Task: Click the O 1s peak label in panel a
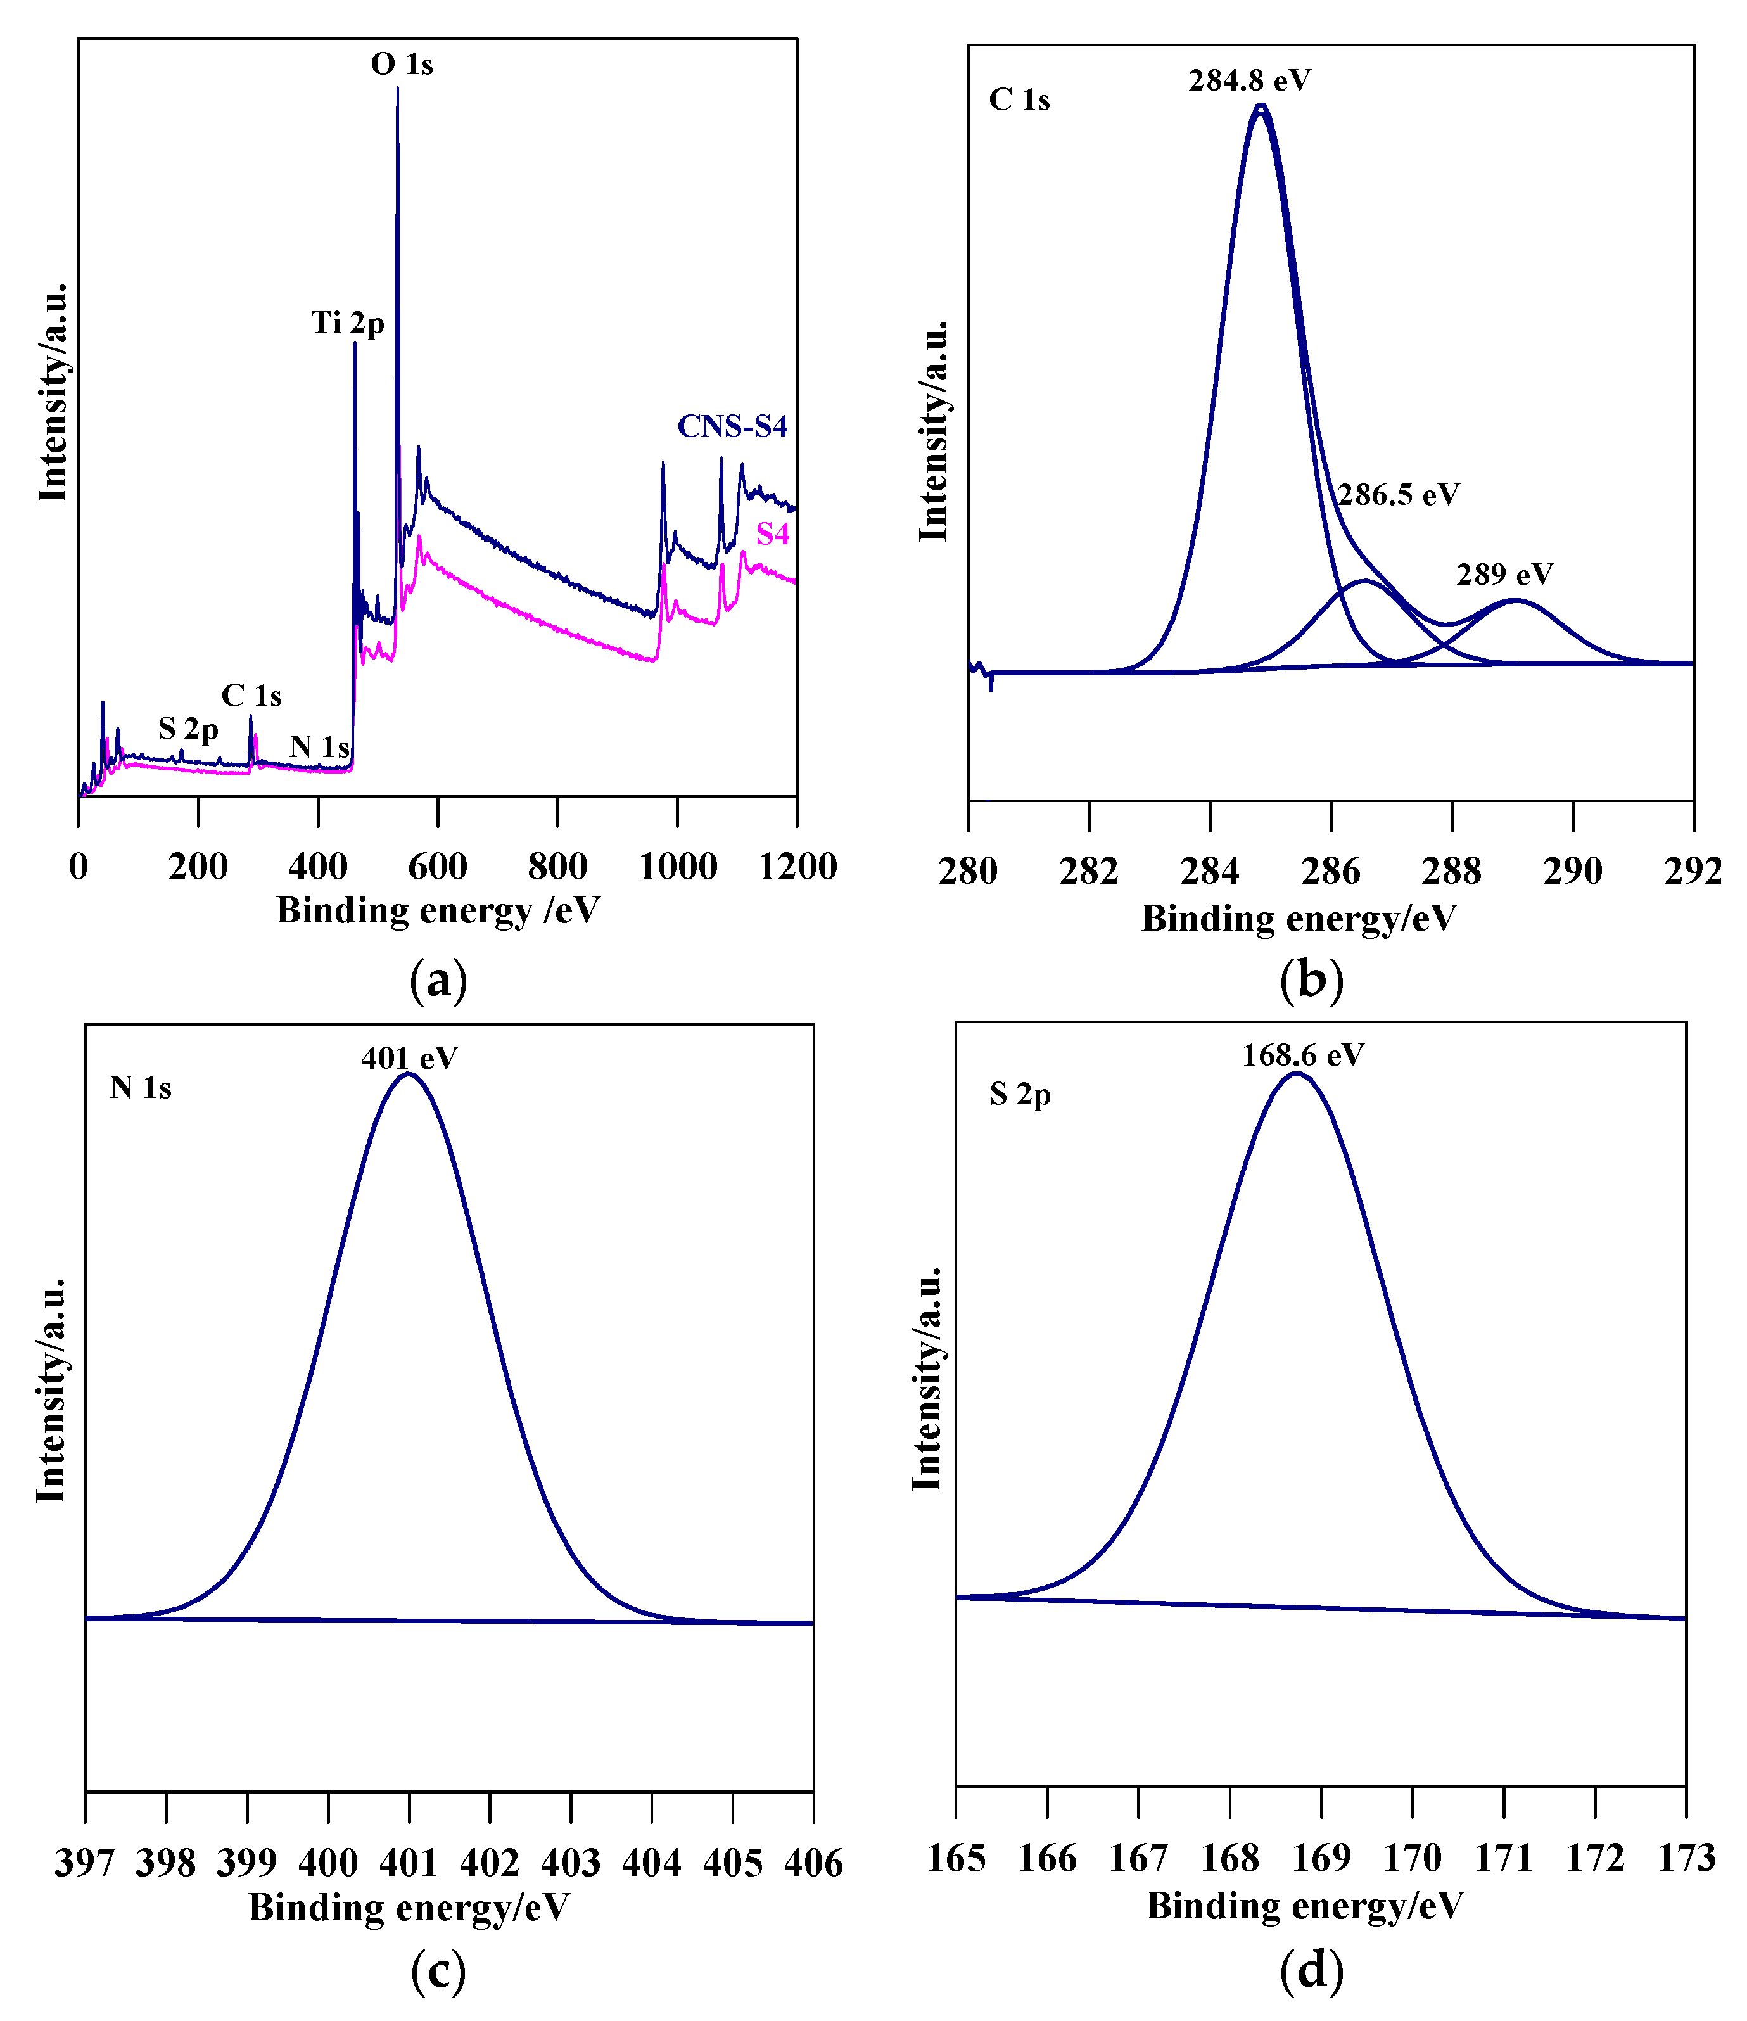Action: [401, 65]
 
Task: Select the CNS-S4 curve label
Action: [732, 426]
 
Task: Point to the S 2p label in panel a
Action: [188, 729]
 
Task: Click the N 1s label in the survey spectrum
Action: [319, 747]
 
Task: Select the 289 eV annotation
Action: [1504, 575]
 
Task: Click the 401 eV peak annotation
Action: [409, 1058]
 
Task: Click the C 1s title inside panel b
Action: [1019, 99]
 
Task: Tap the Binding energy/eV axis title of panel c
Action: [409, 1907]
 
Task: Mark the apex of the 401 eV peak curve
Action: [409, 1074]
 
